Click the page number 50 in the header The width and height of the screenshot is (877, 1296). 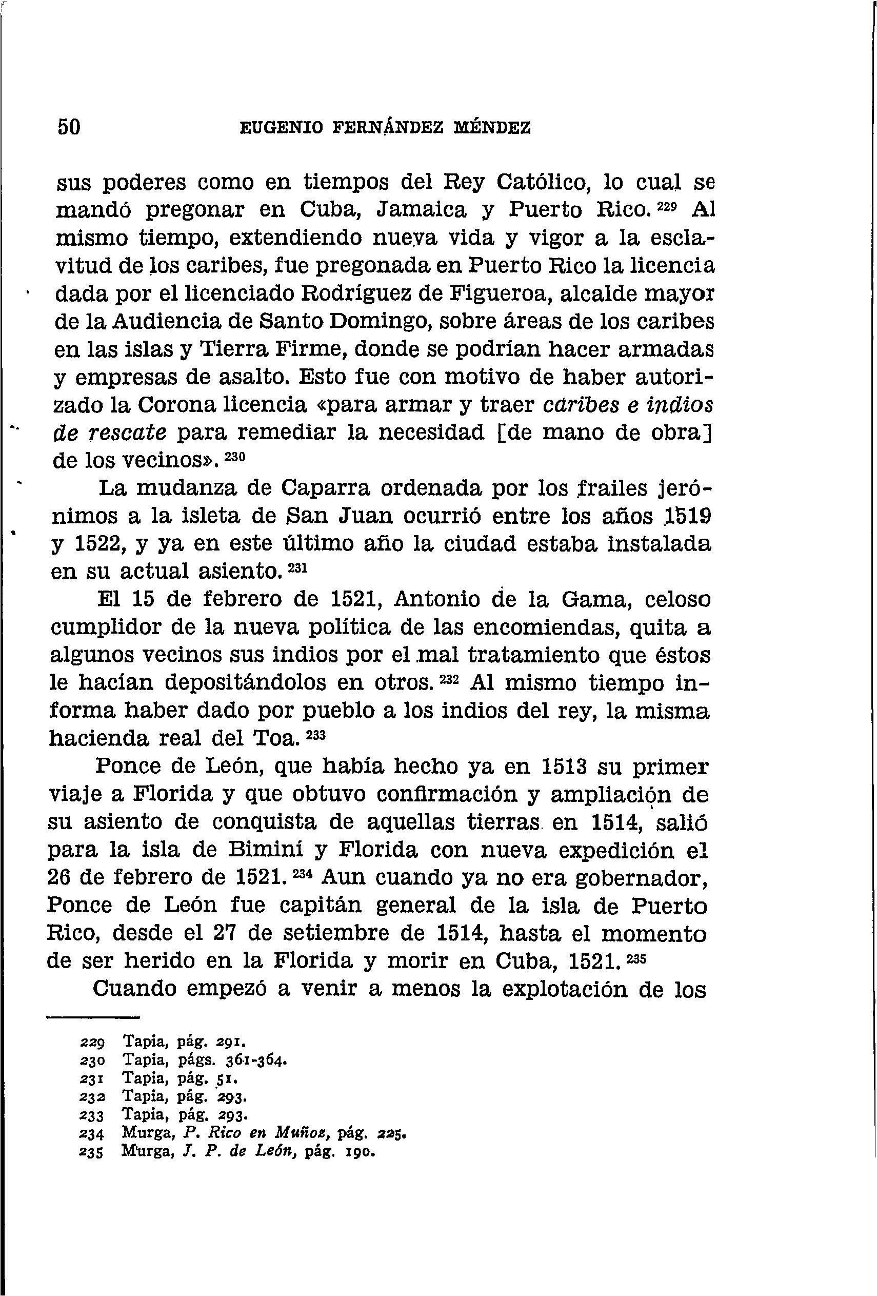69,128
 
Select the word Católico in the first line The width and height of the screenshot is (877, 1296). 540,182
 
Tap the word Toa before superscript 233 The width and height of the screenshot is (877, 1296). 275,739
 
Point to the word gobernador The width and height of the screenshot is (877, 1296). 641,878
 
